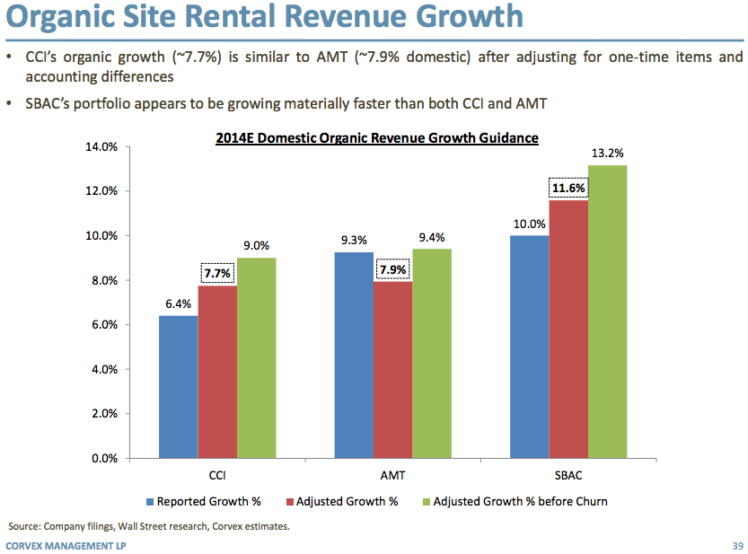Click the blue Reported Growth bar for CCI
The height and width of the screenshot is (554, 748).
pos(179,386)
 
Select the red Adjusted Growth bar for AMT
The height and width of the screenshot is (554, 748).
pos(392,370)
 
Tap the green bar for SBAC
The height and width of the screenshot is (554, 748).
pos(608,312)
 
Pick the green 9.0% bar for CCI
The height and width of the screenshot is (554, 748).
pos(257,357)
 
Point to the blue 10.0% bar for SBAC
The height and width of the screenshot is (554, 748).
pos(530,347)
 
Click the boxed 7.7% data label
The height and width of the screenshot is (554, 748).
pos(217,272)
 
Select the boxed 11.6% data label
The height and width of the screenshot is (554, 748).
pos(568,188)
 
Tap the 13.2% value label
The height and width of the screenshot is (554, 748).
pos(608,154)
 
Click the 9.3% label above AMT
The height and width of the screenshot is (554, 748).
pos(353,241)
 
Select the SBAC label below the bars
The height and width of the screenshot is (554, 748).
pos(568,474)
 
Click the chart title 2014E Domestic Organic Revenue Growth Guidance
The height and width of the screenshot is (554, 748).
pos(377,138)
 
